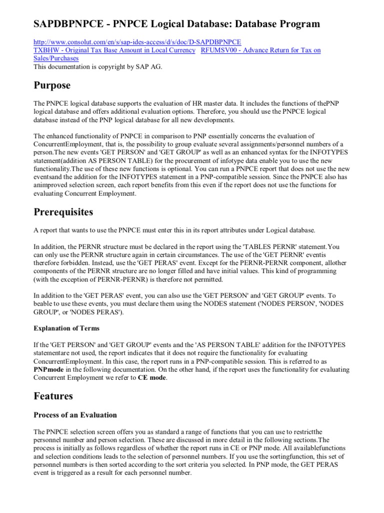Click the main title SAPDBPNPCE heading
click(x=176, y=24)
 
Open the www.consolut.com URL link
click(x=137, y=42)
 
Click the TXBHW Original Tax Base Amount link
click(x=114, y=50)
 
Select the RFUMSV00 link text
click(x=260, y=50)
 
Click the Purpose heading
click(x=52, y=85)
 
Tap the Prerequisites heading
click(x=63, y=211)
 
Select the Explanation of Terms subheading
click(x=66, y=328)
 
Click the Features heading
click(x=53, y=396)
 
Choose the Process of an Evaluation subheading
click(x=75, y=415)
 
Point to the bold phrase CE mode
click(x=153, y=378)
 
